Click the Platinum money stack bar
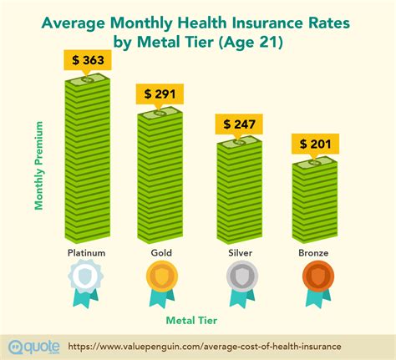87,158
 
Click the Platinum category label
86,251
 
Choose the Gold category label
161,251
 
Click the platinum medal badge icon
86,278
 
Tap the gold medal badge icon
161,278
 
